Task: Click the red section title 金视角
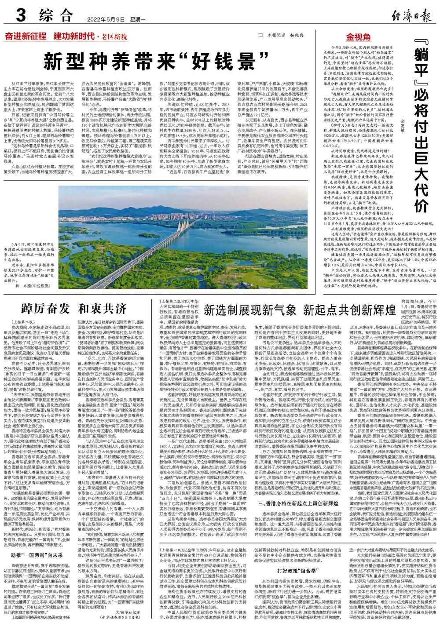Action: (359, 37)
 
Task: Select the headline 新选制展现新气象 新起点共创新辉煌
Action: (300, 322)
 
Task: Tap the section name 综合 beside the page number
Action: (55, 17)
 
